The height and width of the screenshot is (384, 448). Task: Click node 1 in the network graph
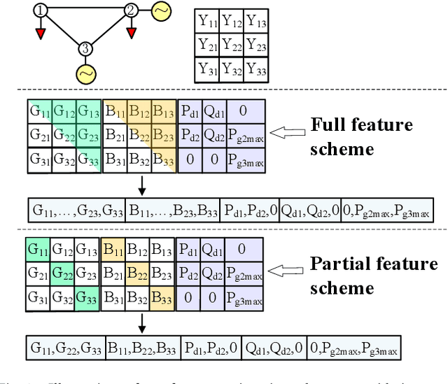pos(42,10)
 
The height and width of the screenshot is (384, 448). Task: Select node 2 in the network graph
pos(130,10)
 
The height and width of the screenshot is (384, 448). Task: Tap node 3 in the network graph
pos(85,48)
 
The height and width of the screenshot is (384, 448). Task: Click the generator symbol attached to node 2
pos(161,11)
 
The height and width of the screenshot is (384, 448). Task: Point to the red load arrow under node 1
pos(42,33)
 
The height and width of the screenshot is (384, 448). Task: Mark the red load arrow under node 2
pos(130,33)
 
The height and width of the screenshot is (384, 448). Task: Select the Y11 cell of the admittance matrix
pos(206,22)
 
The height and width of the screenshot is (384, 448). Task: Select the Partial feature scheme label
pos(373,276)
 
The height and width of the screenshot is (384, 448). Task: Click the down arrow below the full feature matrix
pos(142,186)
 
